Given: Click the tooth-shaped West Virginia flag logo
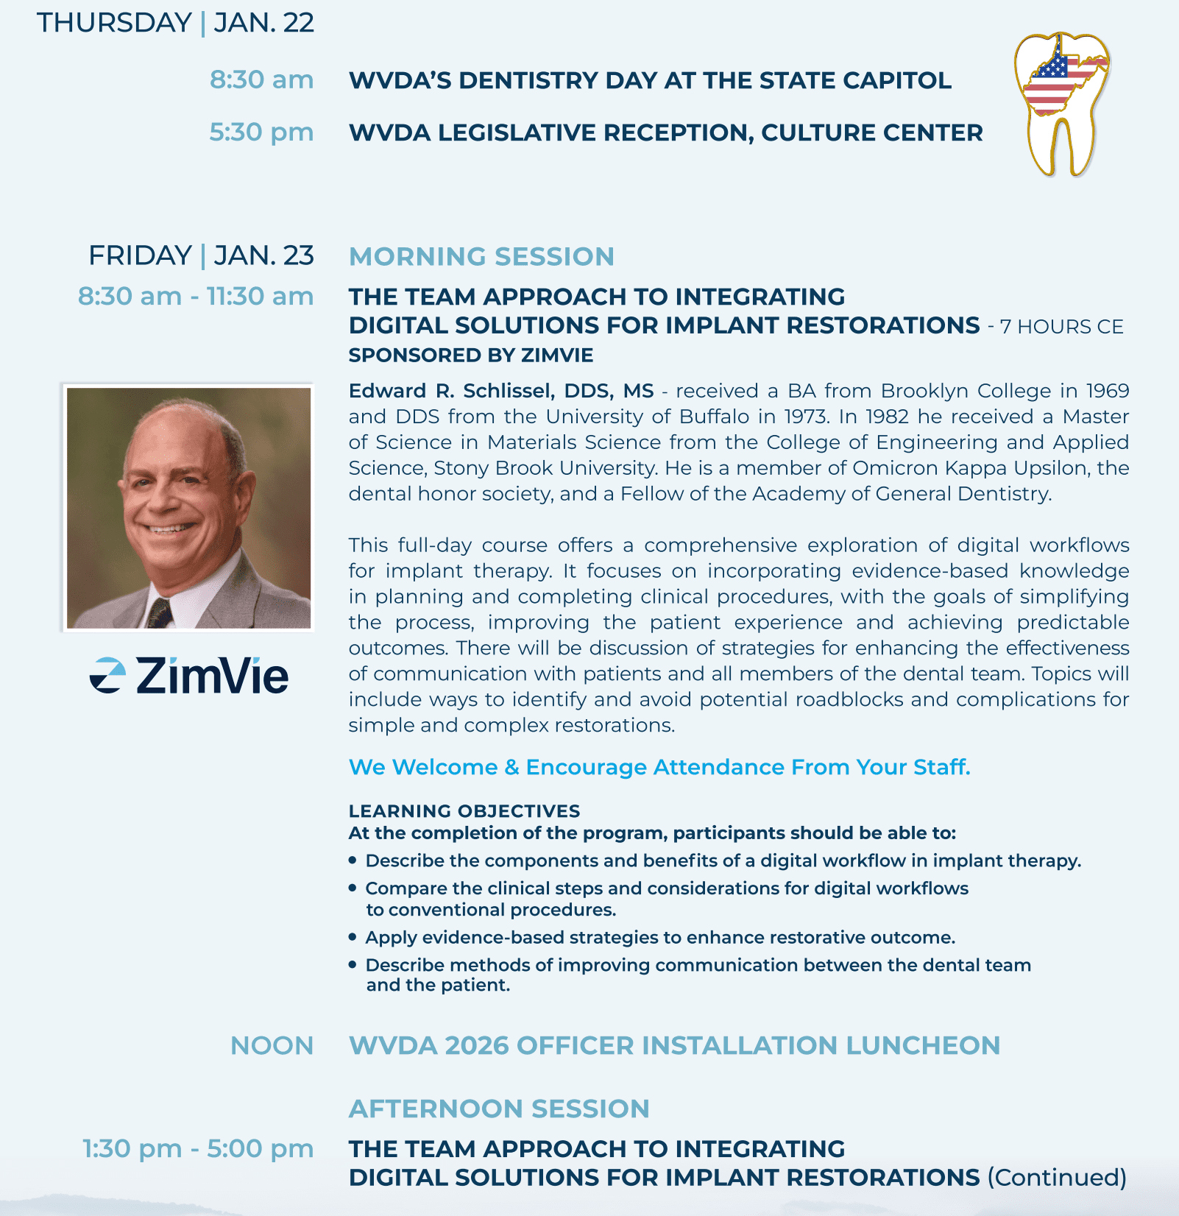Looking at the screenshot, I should (x=1062, y=103).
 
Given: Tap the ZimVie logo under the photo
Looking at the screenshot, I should (x=189, y=676).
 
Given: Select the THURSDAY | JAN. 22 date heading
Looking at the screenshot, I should (x=175, y=23).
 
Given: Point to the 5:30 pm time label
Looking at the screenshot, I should (x=261, y=132).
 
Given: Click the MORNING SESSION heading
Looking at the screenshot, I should (x=481, y=257).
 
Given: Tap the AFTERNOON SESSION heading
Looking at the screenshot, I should (x=499, y=1109).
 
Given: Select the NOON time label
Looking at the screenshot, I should (x=272, y=1046).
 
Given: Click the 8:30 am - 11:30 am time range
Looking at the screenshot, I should (x=196, y=297).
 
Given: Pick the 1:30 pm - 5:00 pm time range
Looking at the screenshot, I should (x=198, y=1148).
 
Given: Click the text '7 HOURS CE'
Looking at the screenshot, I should (x=1061, y=327).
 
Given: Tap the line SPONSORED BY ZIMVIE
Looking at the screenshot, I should (x=471, y=356).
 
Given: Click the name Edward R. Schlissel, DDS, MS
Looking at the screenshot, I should (x=500, y=391).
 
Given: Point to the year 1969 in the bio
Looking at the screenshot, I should (x=1108, y=391).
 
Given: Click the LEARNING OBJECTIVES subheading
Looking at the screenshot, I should (x=464, y=811).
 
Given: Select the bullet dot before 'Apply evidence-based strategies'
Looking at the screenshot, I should (x=353, y=937).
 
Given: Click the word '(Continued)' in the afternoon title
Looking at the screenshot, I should (x=1056, y=1178).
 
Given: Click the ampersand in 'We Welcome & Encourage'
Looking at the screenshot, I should (x=511, y=768).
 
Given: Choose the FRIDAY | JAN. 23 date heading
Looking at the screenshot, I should (x=201, y=255).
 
